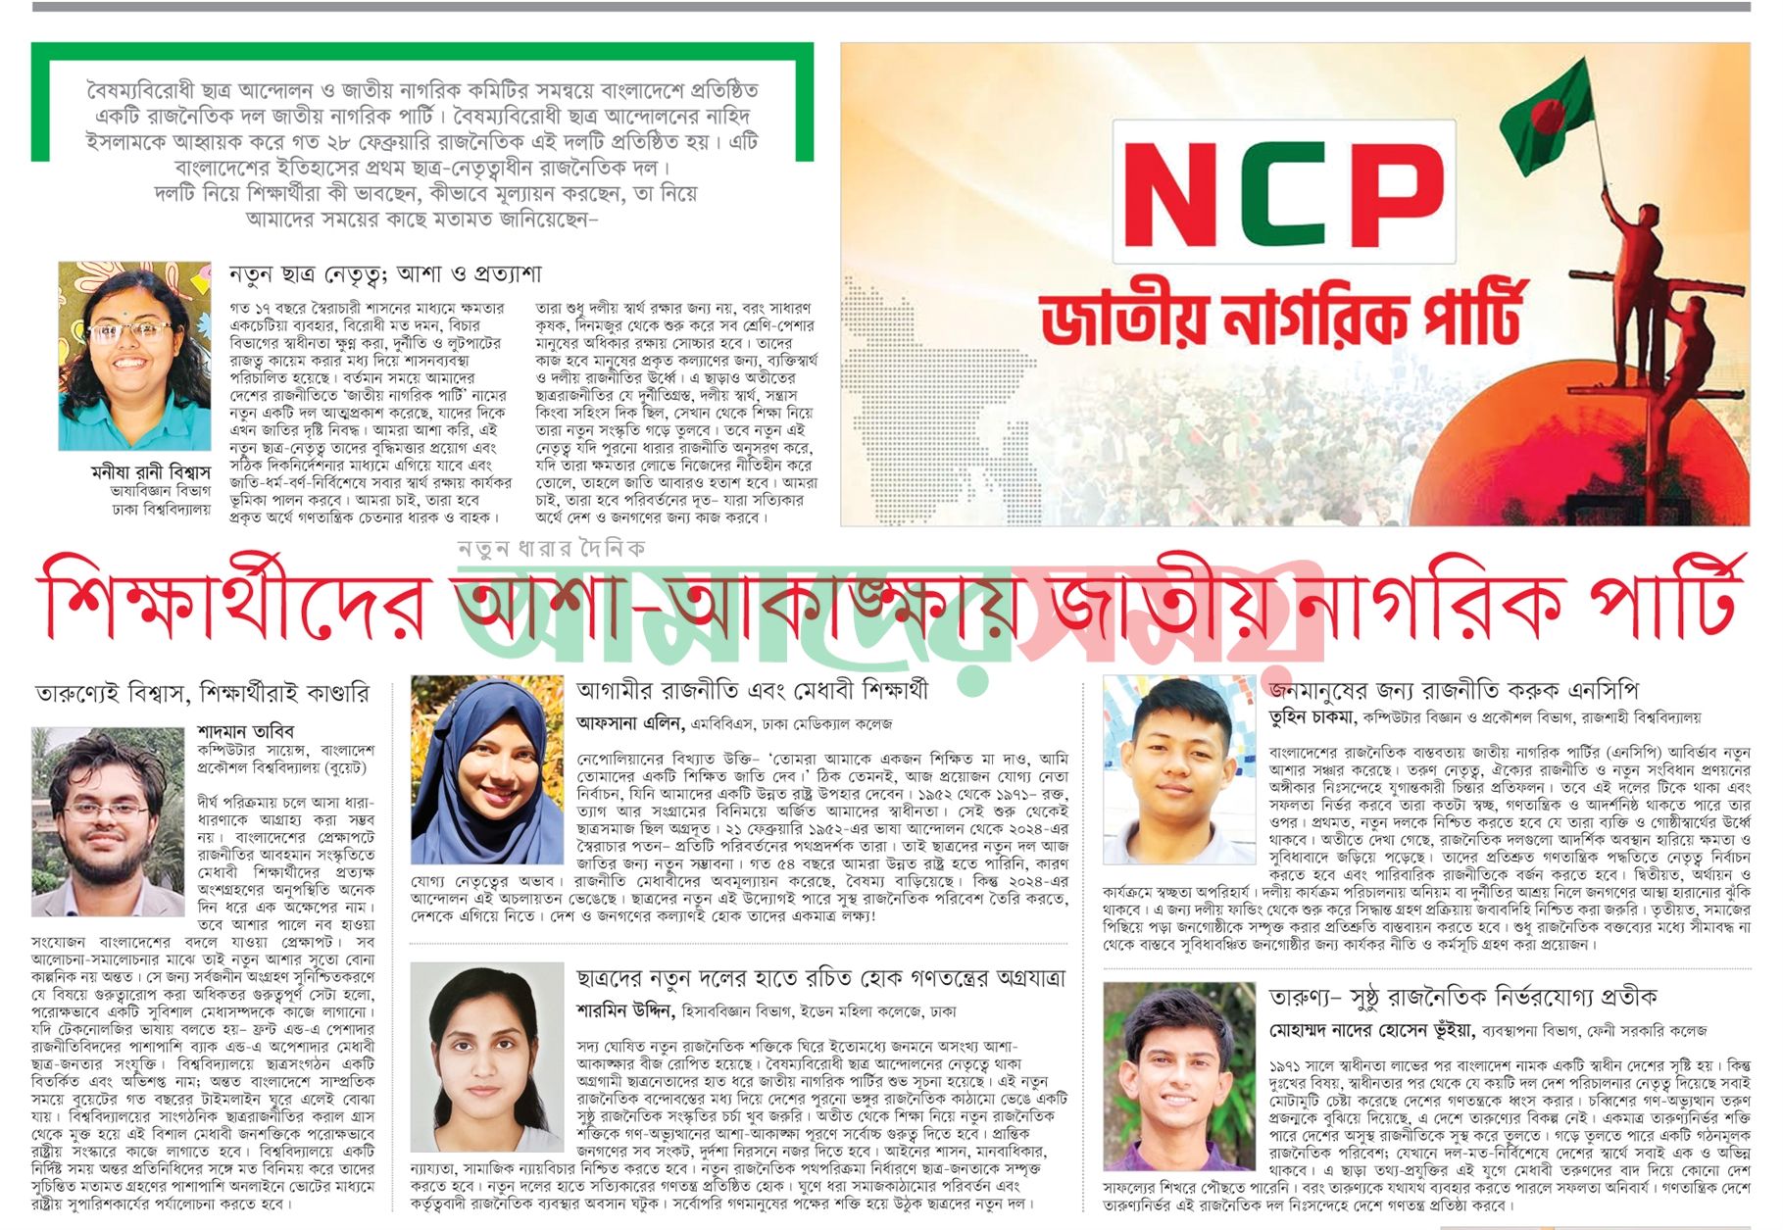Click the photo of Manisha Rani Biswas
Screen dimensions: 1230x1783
point(134,355)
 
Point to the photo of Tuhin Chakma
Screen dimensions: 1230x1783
point(1178,768)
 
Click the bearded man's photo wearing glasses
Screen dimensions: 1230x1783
point(108,821)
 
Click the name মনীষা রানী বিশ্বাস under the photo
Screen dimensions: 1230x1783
point(150,472)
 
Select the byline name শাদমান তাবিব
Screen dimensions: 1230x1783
point(245,731)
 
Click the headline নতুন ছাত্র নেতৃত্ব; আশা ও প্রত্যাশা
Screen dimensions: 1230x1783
point(384,274)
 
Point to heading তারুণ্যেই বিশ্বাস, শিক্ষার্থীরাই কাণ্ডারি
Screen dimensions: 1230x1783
point(203,694)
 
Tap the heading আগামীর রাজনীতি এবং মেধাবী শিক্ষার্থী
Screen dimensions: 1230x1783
point(752,690)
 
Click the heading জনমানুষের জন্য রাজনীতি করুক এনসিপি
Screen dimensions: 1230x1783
point(1453,690)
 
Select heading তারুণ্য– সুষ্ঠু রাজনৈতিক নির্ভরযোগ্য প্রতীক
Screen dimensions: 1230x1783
point(1461,997)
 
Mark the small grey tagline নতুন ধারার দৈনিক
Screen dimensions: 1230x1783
point(552,548)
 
